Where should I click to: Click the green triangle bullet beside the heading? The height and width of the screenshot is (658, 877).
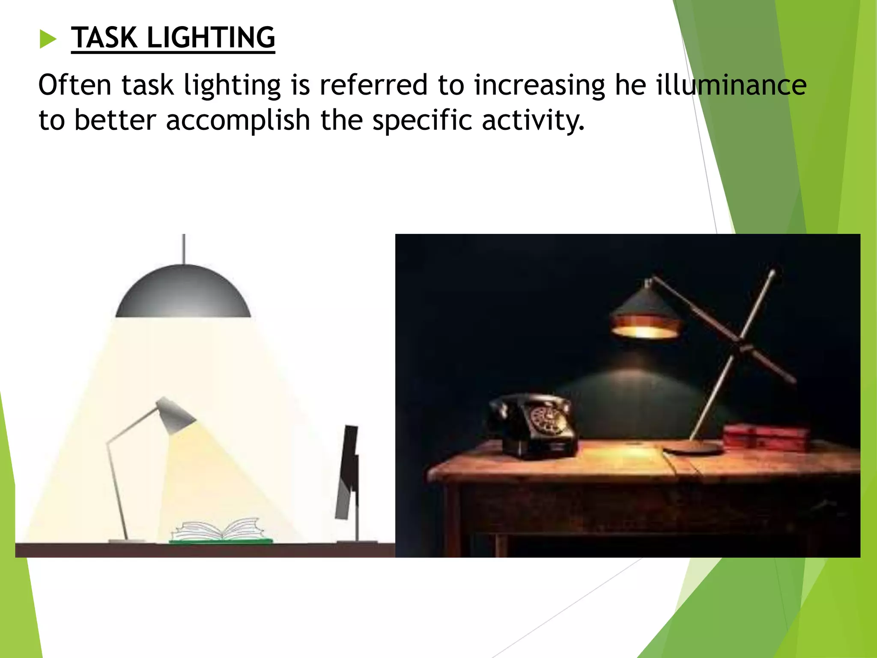click(48, 39)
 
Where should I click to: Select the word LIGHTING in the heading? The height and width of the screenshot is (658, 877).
click(211, 38)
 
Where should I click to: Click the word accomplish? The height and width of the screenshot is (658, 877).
click(238, 120)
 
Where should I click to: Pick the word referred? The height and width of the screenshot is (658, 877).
click(373, 84)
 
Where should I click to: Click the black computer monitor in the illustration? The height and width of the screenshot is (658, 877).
click(349, 471)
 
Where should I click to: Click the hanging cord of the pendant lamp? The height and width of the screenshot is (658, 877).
click(184, 248)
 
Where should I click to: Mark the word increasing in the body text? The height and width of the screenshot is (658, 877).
click(539, 84)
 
